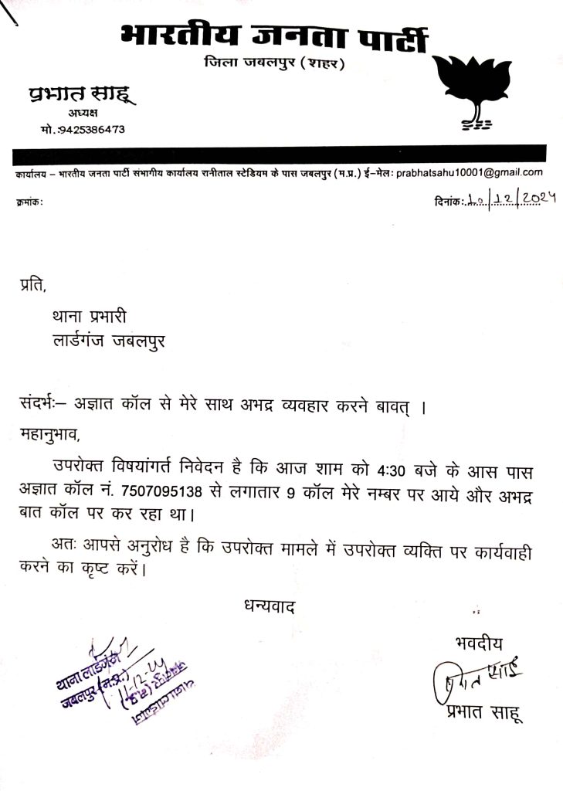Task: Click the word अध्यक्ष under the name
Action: [x=79, y=114]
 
